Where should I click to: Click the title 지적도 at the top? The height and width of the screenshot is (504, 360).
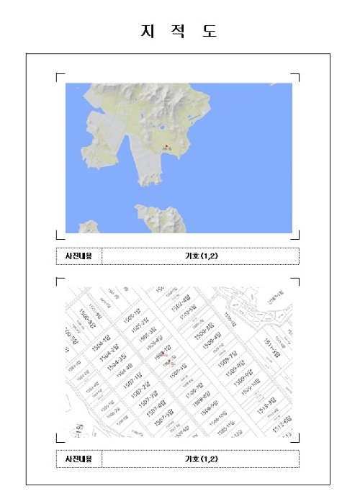[x=179, y=31]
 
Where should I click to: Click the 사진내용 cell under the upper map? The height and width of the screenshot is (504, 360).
[x=79, y=256]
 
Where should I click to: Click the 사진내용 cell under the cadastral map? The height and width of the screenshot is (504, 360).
[x=79, y=459]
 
